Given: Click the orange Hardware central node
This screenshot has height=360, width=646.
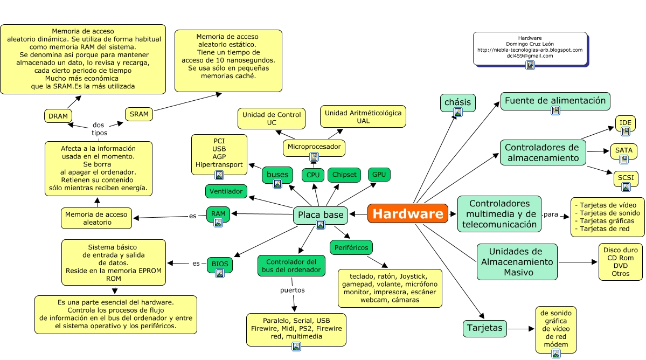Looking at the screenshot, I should pos(407,213).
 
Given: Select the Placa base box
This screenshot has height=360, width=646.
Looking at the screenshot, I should pos(321,215).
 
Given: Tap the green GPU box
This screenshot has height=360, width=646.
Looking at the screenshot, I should pos(379,174).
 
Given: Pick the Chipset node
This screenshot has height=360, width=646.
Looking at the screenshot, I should pos(344,174).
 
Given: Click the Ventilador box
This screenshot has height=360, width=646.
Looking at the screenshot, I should pos(226,191).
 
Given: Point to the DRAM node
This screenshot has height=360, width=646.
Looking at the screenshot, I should pos(58,115).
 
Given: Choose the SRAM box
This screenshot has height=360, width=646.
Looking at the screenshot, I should pos(139,114).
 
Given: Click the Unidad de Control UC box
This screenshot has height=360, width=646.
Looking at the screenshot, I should pos(271,119).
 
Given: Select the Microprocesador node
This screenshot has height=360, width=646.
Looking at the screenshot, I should pos(314,147).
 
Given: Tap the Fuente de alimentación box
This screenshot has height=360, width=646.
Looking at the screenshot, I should pos(555,101).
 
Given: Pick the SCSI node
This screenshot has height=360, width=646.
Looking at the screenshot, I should pos(626,178).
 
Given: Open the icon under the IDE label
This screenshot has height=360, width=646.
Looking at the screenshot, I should pos(625,131).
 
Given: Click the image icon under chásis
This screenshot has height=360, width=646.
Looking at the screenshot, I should pos(458,112).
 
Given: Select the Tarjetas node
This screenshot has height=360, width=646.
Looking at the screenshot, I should pos(485,328).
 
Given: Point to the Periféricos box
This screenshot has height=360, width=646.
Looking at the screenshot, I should pos(351,247).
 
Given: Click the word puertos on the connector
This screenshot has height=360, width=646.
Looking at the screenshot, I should pos(293,290).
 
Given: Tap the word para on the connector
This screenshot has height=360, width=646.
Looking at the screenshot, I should pos(551,214).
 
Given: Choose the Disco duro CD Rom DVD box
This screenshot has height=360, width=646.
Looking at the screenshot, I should pos(620,261).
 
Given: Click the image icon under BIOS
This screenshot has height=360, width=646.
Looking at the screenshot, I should pos(220,273).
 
